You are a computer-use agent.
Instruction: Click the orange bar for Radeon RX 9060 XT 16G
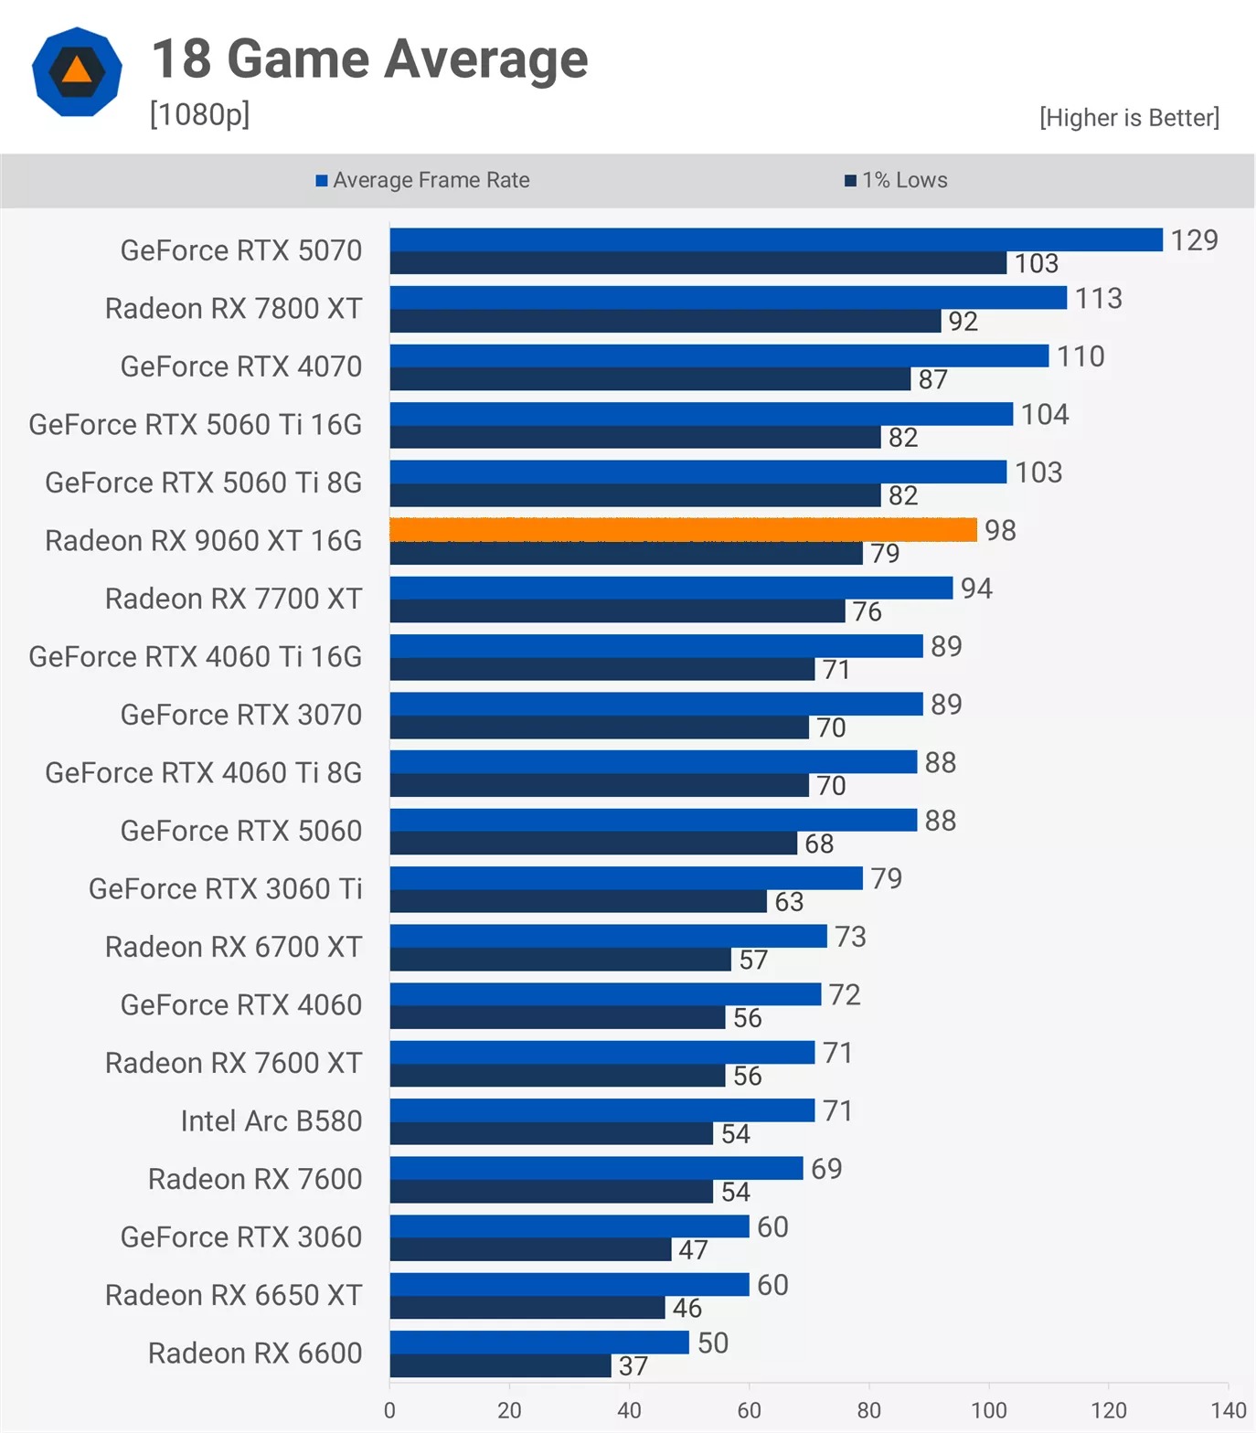683,529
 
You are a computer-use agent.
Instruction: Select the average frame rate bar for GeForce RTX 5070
776,239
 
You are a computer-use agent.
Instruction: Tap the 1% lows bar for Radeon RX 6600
500,1366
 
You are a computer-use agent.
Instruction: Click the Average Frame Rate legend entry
422,180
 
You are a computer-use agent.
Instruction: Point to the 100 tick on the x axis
988,1410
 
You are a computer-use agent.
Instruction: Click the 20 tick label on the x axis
509,1410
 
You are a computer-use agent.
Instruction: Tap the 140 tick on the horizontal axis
1228,1410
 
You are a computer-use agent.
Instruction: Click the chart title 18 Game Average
369,59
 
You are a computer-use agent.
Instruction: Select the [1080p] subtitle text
199,114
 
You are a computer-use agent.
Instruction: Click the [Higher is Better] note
1129,117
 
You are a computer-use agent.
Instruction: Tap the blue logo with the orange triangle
77,71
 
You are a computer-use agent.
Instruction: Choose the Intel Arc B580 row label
271,1120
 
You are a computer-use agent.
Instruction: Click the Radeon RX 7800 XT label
233,308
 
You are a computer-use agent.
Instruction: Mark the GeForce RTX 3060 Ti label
225,888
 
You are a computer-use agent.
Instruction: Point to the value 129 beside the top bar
1194,239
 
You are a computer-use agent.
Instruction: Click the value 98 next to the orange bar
1000,530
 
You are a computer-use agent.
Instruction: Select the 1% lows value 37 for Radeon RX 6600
633,1366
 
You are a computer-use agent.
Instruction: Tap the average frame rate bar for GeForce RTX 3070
655,704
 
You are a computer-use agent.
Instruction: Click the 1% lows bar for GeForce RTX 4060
558,1017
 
